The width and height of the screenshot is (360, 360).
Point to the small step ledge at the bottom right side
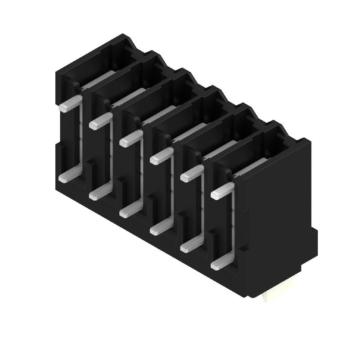314,238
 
